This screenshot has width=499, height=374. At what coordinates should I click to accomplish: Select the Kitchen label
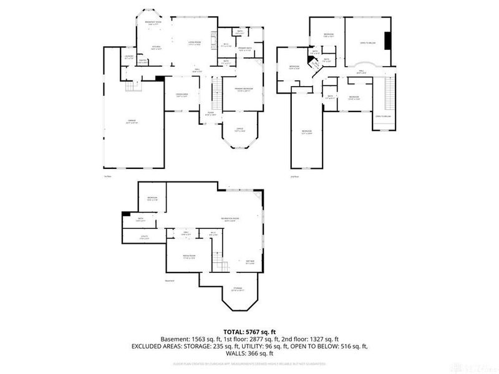pyautogui.click(x=156, y=47)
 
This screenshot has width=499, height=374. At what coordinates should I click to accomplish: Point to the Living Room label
pyautogui.click(x=194, y=43)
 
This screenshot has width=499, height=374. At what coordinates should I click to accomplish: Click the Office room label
pyautogui.click(x=239, y=129)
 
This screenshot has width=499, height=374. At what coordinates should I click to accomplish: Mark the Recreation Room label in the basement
pyautogui.click(x=232, y=219)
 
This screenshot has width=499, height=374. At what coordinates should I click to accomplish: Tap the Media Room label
pyautogui.click(x=190, y=256)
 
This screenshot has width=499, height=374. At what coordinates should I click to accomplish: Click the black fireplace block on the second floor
pyautogui.click(x=387, y=41)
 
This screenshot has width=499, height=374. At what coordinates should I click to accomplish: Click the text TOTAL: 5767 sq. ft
pyautogui.click(x=249, y=332)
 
